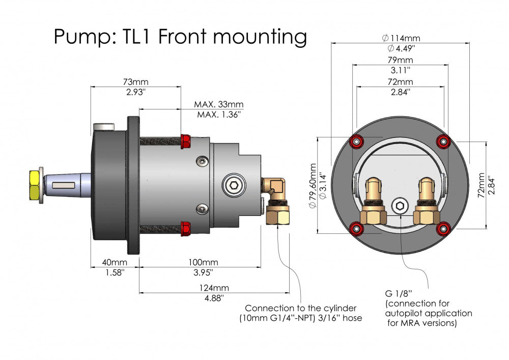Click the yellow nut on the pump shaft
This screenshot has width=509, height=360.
(x=35, y=185)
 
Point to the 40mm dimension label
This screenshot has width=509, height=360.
(x=115, y=262)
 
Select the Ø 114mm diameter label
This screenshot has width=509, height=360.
(x=401, y=38)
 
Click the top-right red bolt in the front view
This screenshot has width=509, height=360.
(x=445, y=141)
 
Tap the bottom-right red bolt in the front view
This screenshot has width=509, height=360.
(x=445, y=230)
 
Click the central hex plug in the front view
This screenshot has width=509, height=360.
(x=401, y=206)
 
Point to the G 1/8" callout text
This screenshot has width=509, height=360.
(x=398, y=293)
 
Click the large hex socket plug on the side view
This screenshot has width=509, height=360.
(x=233, y=185)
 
